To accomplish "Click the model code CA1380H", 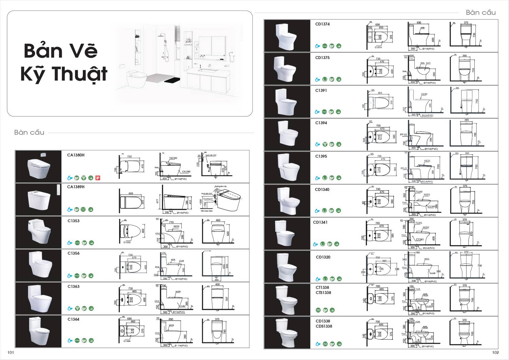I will click(76, 155).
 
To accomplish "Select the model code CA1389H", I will click(76, 187).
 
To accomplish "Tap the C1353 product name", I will click(73, 221).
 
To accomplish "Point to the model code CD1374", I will click(322, 24).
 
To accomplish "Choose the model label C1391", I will click(321, 91).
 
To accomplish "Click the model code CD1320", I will click(323, 257).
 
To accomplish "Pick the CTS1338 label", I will click(323, 293).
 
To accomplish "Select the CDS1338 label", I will click(324, 326).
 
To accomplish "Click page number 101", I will click(11, 353).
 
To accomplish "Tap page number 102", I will click(495, 353).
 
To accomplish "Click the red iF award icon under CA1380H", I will click(98, 177).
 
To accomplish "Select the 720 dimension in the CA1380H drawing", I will click(129, 157).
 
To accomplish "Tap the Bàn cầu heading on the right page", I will click(480, 13).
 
